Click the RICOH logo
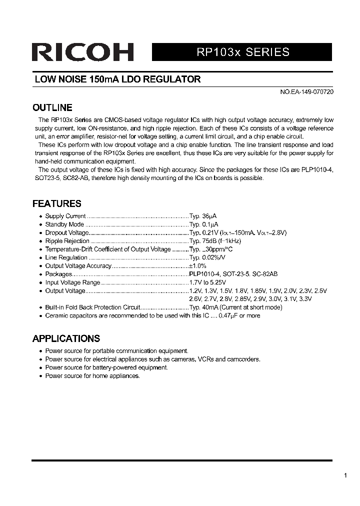[83, 52]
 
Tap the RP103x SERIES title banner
[241, 52]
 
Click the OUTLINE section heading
[52, 107]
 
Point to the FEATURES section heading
[56, 203]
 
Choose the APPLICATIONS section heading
[66, 338]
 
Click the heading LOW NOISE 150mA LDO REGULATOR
[117, 79]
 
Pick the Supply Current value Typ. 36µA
[203, 216]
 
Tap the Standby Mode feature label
[64, 224]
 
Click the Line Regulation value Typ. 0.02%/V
[207, 257]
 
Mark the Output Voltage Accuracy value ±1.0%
[197, 266]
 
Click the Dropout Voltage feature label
[66, 233]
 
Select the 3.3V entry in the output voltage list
[304, 299]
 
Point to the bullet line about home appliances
[92, 375]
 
